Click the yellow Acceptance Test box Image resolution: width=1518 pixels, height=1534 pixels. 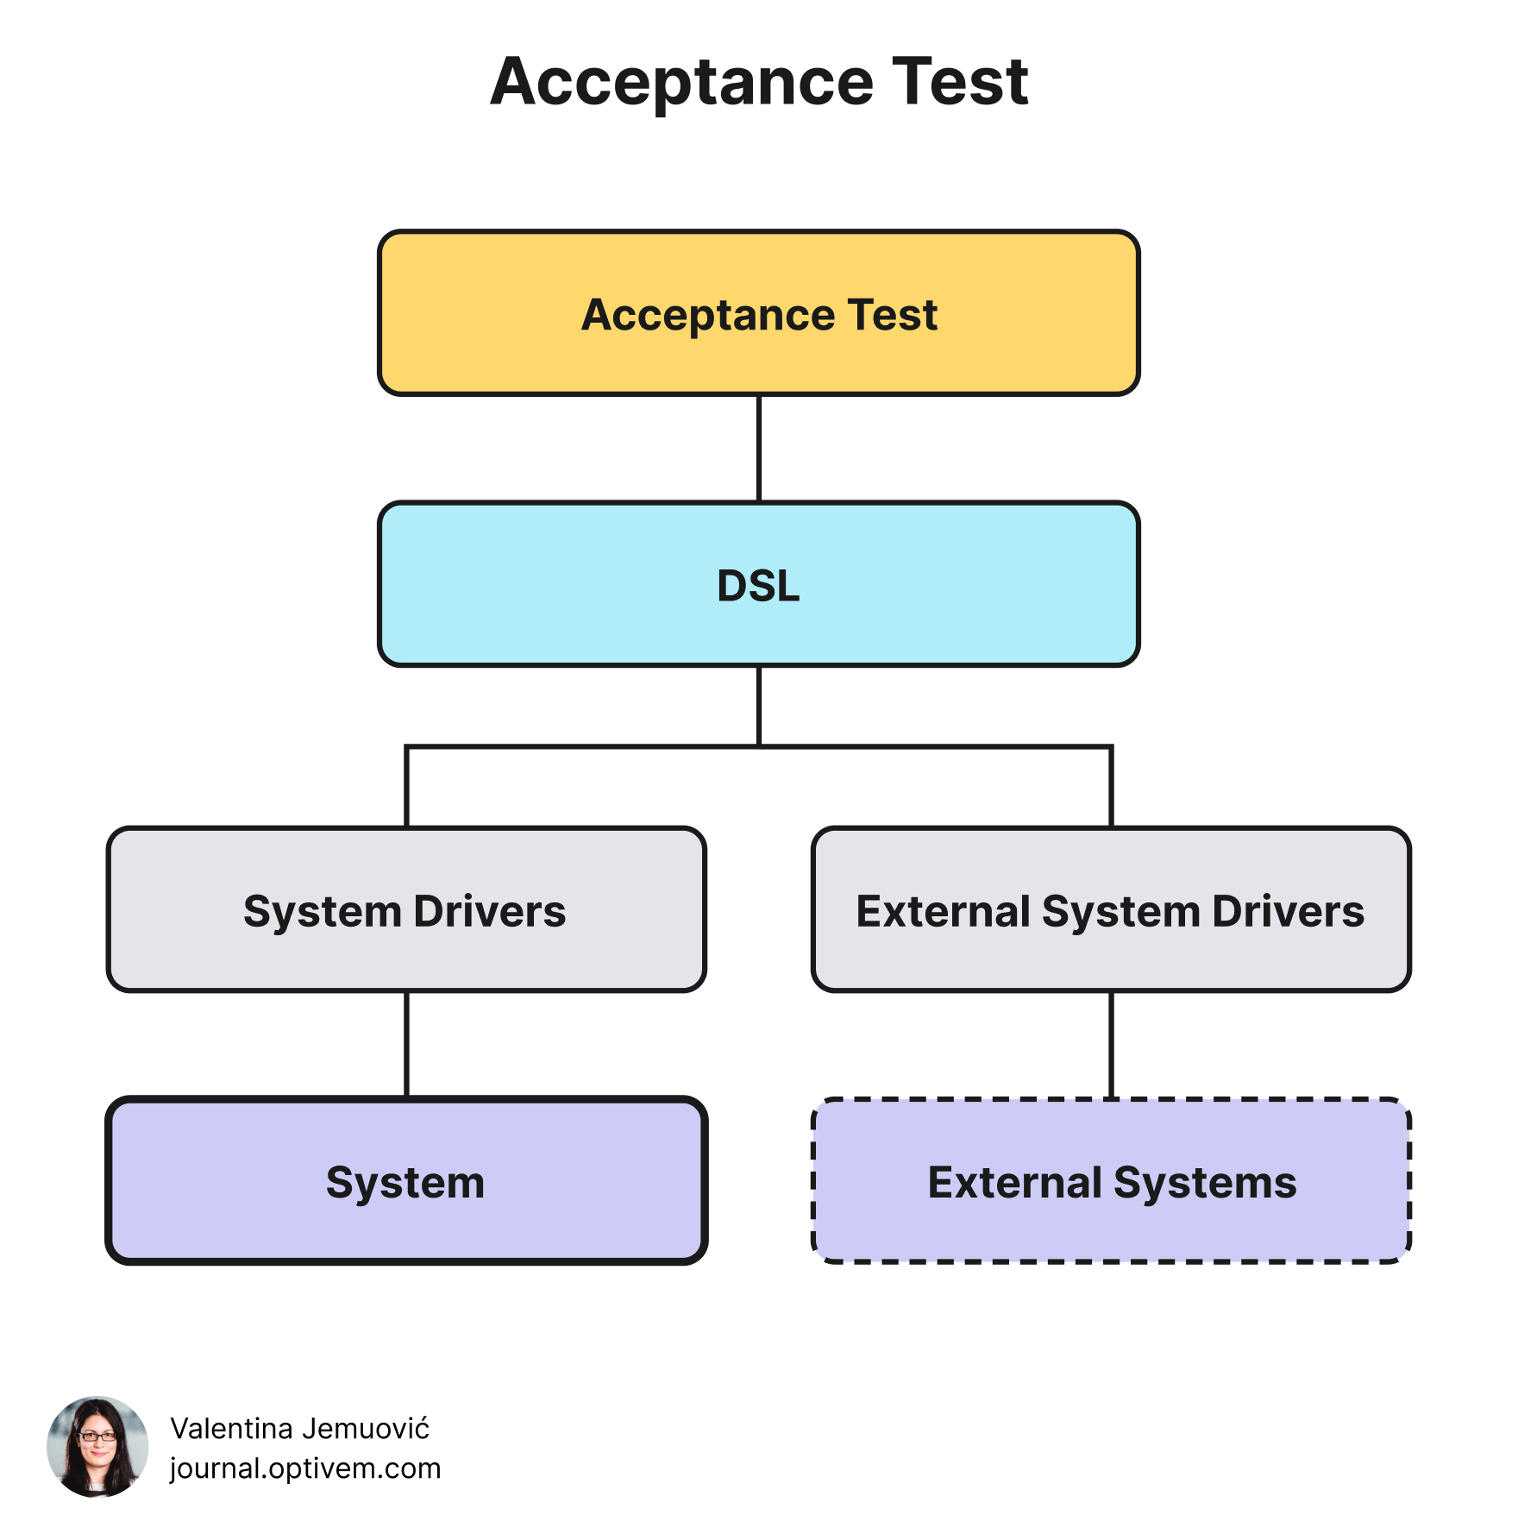(759, 313)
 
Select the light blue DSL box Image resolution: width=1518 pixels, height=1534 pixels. (759, 584)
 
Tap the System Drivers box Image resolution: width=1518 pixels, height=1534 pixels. (406, 909)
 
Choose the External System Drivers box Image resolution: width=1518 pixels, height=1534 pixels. (1111, 909)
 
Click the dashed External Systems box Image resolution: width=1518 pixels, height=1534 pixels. (1111, 1180)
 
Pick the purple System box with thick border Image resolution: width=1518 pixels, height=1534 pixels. (406, 1180)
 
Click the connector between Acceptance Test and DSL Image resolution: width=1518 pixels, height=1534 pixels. (759, 449)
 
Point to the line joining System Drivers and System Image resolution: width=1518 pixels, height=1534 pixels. (406, 1044)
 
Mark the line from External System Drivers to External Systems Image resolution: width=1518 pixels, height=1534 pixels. (1111, 1044)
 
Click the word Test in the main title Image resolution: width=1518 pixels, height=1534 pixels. (960, 82)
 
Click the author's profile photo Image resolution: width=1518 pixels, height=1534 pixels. (97, 1447)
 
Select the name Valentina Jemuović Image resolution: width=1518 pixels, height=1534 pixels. (300, 1429)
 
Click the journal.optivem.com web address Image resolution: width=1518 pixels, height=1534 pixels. (305, 1468)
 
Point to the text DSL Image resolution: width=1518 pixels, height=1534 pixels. (759, 586)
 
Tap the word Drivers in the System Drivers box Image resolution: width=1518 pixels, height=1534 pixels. (490, 911)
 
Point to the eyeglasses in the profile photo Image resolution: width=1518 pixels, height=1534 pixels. (97, 1437)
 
